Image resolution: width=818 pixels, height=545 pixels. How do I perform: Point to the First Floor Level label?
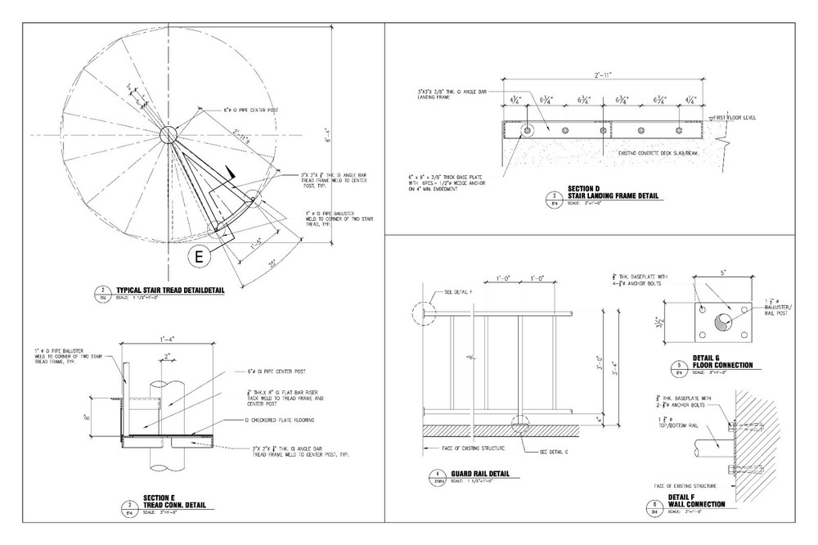point(734,118)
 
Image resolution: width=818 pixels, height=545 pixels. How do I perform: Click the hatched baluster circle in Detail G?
point(723,321)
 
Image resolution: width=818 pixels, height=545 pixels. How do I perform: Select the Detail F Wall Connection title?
point(695,501)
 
